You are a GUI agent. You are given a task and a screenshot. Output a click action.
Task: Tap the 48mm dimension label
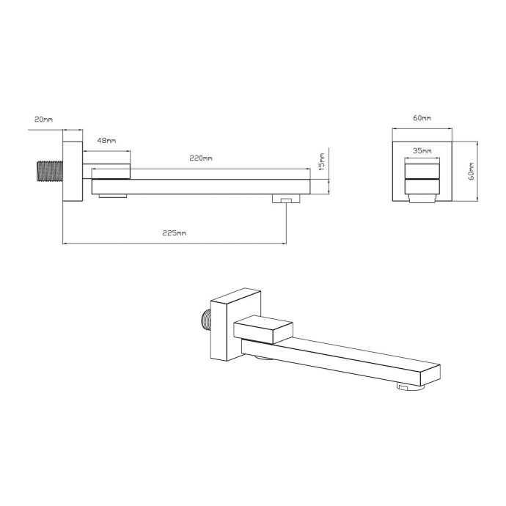[106, 139]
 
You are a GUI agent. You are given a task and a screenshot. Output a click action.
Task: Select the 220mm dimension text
[201, 158]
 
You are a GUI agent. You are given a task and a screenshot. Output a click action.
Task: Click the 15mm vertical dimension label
[322, 160]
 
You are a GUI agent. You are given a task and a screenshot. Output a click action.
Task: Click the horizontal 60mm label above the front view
[422, 117]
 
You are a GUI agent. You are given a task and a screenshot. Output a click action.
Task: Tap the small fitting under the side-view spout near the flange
[113, 196]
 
